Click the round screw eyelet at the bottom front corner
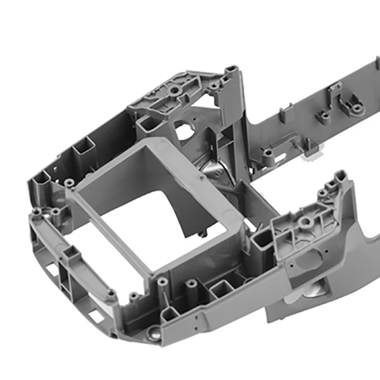click(153, 331)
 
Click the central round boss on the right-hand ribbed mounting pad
click(305, 223)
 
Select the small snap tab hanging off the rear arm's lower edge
click(312, 154)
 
